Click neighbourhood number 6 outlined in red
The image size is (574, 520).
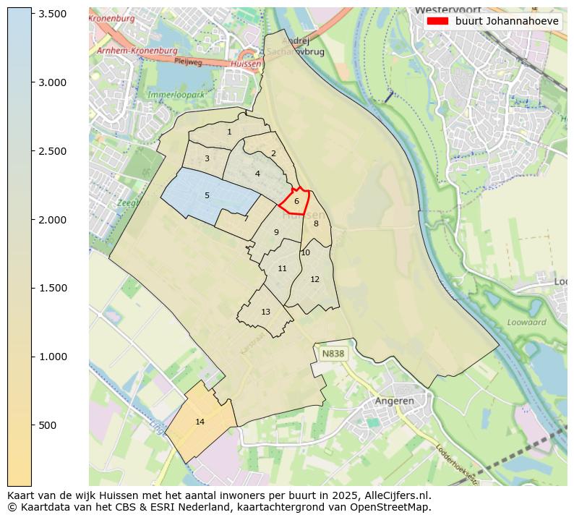[296, 201]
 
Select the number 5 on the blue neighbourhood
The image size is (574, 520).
[207, 195]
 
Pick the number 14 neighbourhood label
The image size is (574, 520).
[200, 422]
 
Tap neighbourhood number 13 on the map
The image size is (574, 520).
[265, 312]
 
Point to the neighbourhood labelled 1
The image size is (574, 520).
[229, 132]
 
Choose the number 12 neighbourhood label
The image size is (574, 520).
[314, 279]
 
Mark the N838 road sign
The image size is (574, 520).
[333, 354]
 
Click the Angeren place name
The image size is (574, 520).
[394, 401]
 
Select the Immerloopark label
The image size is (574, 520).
[176, 95]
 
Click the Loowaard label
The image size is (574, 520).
[526, 322]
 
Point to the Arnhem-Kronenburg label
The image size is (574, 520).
[137, 51]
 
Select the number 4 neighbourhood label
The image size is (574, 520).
[257, 174]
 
